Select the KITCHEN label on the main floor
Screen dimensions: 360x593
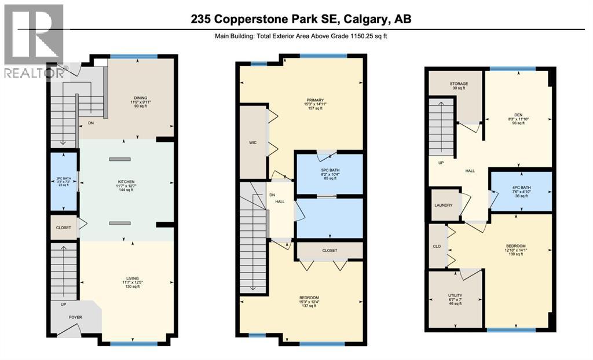click(126, 181)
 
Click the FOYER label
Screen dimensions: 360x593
click(75, 317)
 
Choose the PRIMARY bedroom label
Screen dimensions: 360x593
click(315, 100)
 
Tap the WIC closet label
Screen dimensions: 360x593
click(252, 142)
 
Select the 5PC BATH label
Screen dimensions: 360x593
click(328, 171)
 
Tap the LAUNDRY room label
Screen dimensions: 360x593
click(444, 205)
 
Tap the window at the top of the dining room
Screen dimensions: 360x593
click(134, 56)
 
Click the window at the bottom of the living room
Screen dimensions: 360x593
click(134, 343)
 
